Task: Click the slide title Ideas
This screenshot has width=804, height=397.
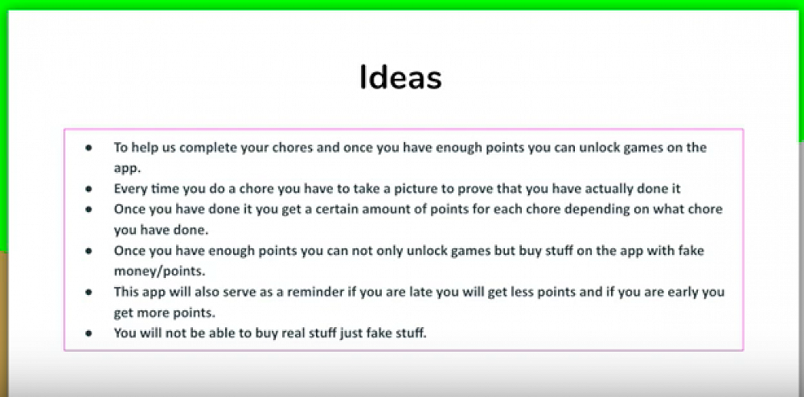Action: click(400, 79)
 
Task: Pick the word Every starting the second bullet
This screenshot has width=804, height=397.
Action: click(130, 189)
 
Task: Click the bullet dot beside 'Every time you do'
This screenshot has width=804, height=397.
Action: click(88, 189)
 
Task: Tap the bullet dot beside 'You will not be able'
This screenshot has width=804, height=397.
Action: click(88, 333)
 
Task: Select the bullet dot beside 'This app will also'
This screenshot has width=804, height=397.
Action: click(88, 293)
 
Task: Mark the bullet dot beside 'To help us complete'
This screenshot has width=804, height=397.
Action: click(88, 148)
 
